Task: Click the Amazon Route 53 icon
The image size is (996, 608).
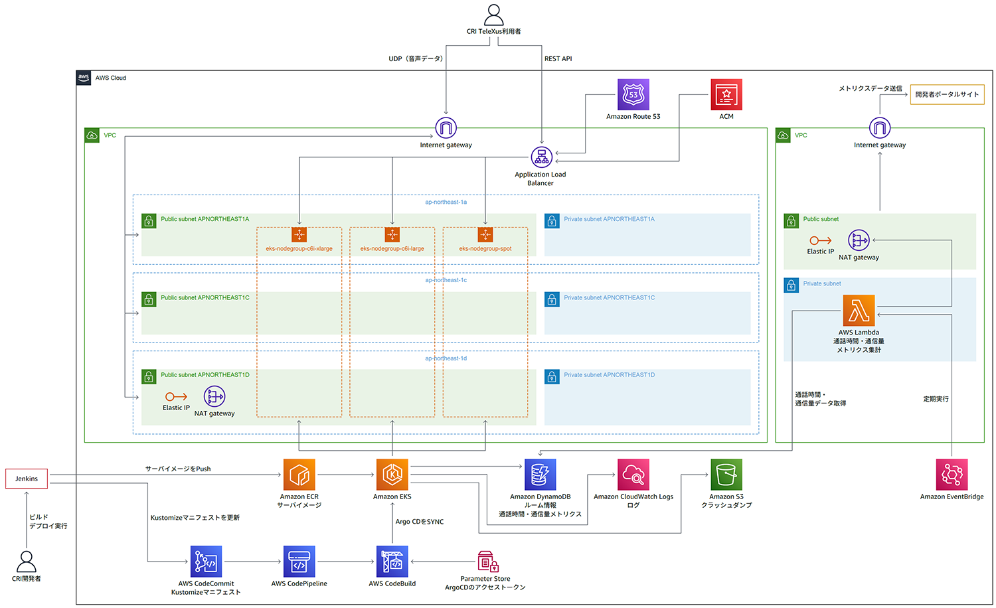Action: click(x=633, y=95)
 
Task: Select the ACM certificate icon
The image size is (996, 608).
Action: click(x=726, y=95)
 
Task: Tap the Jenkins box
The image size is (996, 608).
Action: click(x=27, y=479)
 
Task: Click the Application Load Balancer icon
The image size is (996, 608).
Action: click(x=541, y=157)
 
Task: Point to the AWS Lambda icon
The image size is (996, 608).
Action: click(x=859, y=311)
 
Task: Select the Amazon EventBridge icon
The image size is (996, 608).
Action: click(x=952, y=475)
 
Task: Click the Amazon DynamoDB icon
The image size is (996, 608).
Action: click(x=540, y=475)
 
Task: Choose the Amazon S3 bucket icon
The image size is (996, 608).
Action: click(x=726, y=475)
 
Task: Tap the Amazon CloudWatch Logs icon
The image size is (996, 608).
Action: click(x=633, y=475)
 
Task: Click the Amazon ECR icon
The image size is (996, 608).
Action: click(x=299, y=475)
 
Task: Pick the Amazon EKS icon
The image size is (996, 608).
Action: click(x=392, y=475)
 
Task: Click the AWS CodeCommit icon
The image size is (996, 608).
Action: click(x=206, y=562)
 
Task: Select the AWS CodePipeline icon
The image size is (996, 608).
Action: click(x=299, y=562)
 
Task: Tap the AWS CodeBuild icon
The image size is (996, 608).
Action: click(x=392, y=562)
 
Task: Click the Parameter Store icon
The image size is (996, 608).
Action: click(x=487, y=562)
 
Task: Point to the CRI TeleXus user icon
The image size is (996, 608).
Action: click(x=493, y=15)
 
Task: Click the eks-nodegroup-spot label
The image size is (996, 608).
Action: click(x=485, y=249)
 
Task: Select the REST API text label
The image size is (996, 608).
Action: click(x=558, y=59)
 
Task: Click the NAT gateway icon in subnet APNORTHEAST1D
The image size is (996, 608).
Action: click(x=214, y=396)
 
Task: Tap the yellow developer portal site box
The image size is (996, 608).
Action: click(x=947, y=94)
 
